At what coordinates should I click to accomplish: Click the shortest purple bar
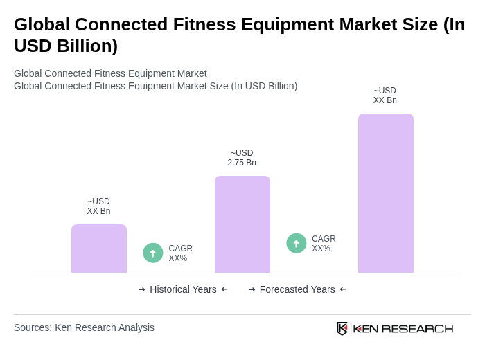coord(99,249)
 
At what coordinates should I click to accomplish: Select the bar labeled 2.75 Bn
coord(242,224)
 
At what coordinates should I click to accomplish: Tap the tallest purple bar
coord(386,193)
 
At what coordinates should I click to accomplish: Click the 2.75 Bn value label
coord(242,158)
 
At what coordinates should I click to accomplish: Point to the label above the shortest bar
coord(98,206)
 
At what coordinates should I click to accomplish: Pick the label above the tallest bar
coord(385,96)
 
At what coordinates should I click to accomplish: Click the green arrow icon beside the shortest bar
coord(153,253)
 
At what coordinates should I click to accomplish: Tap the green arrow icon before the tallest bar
coord(297,243)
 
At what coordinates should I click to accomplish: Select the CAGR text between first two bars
coord(180,253)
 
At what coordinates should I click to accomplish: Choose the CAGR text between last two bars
coord(324,244)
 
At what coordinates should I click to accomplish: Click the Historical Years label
coord(183,289)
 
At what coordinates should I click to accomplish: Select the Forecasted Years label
coord(297,289)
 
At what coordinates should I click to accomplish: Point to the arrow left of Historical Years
coord(142,289)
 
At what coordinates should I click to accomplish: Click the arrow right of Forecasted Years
coord(343,289)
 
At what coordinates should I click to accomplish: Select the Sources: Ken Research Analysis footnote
coord(84,327)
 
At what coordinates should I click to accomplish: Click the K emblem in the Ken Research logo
coord(342,328)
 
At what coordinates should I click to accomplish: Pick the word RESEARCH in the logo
coord(417,328)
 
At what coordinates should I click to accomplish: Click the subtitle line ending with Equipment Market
coord(110,73)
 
